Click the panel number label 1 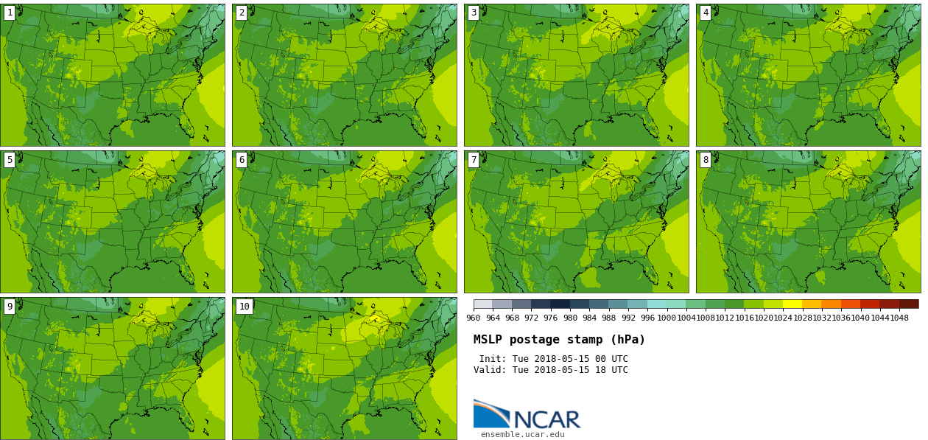pyautogui.click(x=10, y=13)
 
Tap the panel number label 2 pyautogui.click(x=242, y=13)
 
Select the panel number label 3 pyautogui.click(x=474, y=13)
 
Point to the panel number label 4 pyautogui.click(x=706, y=13)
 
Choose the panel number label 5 pyautogui.click(x=10, y=160)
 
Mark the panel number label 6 pyautogui.click(x=242, y=160)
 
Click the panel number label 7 pyautogui.click(x=474, y=160)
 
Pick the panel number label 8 pyautogui.click(x=706, y=160)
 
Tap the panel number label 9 pyautogui.click(x=10, y=307)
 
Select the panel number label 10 pyautogui.click(x=245, y=307)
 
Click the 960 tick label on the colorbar pyautogui.click(x=474, y=318)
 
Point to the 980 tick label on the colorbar pyautogui.click(x=570, y=318)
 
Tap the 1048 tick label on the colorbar pyautogui.click(x=899, y=318)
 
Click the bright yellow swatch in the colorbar pyautogui.click(x=792, y=304)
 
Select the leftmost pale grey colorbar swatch pyautogui.click(x=483, y=304)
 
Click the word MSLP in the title pyautogui.click(x=488, y=340)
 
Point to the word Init pyautogui.click(x=493, y=359)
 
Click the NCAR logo pyautogui.click(x=527, y=415)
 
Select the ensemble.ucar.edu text pyautogui.click(x=522, y=435)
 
